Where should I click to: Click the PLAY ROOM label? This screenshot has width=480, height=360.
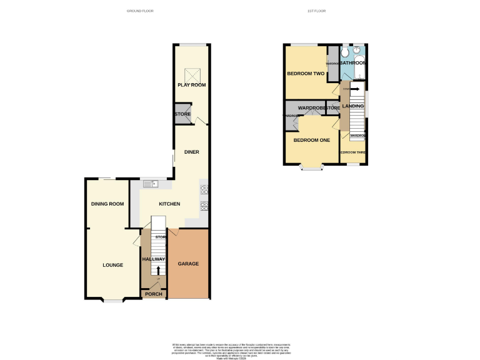[x=191, y=85]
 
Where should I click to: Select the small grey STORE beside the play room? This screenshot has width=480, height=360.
[x=182, y=114]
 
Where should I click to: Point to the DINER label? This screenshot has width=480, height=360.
[x=191, y=152]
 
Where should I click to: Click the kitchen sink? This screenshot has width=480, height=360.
[x=151, y=183]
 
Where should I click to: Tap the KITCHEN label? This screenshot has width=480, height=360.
[x=169, y=204]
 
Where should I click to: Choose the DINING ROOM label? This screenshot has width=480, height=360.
[x=107, y=204]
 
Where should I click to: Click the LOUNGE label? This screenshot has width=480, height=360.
[x=112, y=265]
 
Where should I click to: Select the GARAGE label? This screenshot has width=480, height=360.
[x=189, y=264]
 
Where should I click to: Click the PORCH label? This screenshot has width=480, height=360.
[x=154, y=294]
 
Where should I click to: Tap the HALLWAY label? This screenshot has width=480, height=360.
[x=154, y=259]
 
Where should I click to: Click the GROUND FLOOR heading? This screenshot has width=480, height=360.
[x=140, y=11]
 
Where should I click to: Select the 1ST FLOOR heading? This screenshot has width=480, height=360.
[x=317, y=11]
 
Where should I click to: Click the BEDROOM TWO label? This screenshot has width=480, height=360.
[x=306, y=74]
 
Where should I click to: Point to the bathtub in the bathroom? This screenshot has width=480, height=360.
[x=359, y=65]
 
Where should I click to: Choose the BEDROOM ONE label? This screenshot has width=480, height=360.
[x=312, y=140]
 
